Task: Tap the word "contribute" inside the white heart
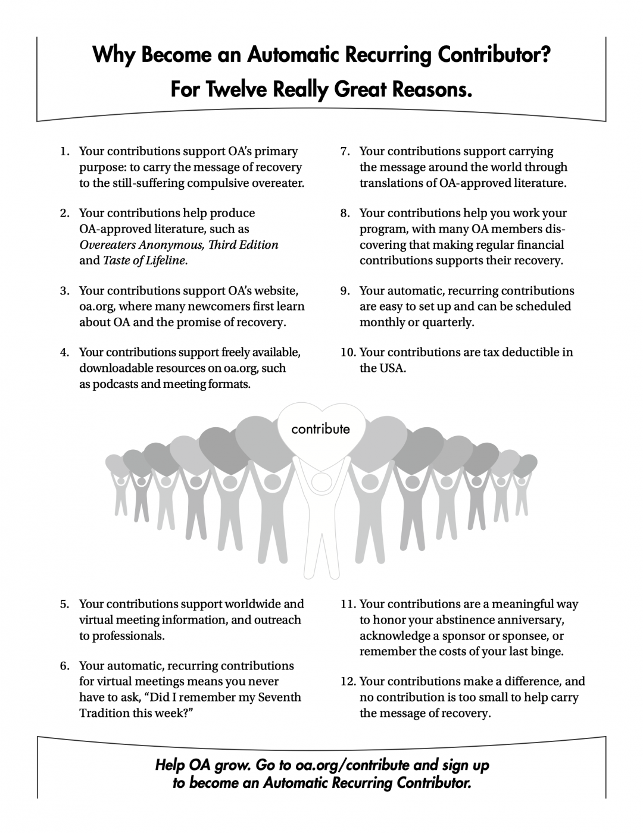click(x=320, y=428)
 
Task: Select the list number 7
click(x=345, y=152)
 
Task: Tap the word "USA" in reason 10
click(x=393, y=368)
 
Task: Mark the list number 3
click(x=64, y=291)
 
